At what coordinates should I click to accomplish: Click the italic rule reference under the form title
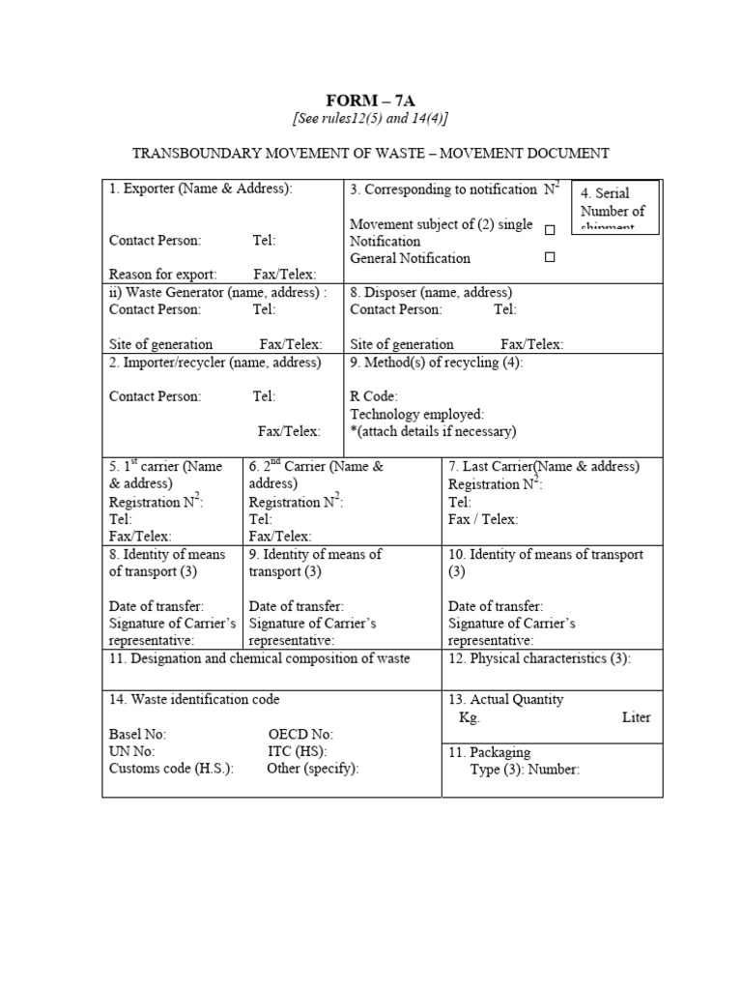click(370, 118)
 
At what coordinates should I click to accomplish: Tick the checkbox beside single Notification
click(550, 231)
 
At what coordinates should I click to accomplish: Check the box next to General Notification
click(550, 258)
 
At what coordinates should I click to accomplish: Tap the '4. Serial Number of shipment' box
click(614, 207)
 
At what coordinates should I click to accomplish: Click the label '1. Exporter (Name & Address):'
click(201, 189)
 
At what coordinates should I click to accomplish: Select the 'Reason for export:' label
click(163, 275)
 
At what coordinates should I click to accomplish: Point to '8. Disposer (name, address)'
click(431, 292)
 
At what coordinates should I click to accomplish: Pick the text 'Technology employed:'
click(417, 414)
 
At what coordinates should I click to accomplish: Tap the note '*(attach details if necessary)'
click(433, 431)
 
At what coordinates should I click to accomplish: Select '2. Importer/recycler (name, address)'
click(214, 362)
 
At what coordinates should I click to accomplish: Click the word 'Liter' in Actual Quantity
click(637, 717)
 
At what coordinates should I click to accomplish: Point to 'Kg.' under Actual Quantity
click(470, 717)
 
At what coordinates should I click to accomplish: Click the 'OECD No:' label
click(300, 735)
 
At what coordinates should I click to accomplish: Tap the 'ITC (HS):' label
click(298, 751)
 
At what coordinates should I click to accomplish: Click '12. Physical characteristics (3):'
click(539, 658)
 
